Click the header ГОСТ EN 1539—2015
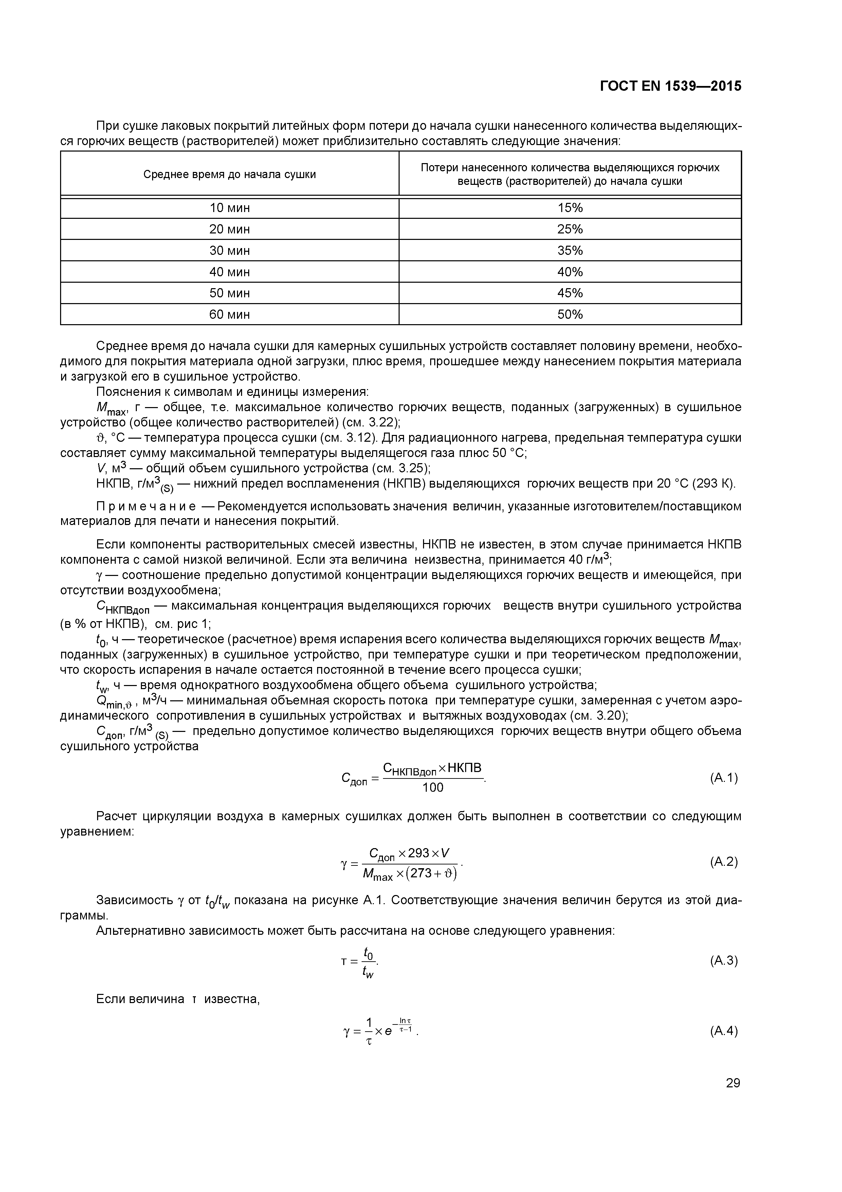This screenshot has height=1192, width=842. click(670, 86)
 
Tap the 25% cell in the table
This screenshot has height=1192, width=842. click(570, 229)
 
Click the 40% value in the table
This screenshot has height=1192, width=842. click(570, 272)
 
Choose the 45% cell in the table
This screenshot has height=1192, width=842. click(570, 293)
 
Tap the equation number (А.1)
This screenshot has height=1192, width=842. click(723, 778)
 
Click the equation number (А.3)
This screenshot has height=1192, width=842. click(723, 961)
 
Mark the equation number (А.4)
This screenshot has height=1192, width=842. click(723, 1031)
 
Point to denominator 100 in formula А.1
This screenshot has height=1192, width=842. click(433, 788)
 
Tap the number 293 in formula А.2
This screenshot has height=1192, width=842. click(418, 853)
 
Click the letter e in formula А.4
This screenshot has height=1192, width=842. click(388, 1032)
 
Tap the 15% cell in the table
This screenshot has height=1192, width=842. click(570, 208)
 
